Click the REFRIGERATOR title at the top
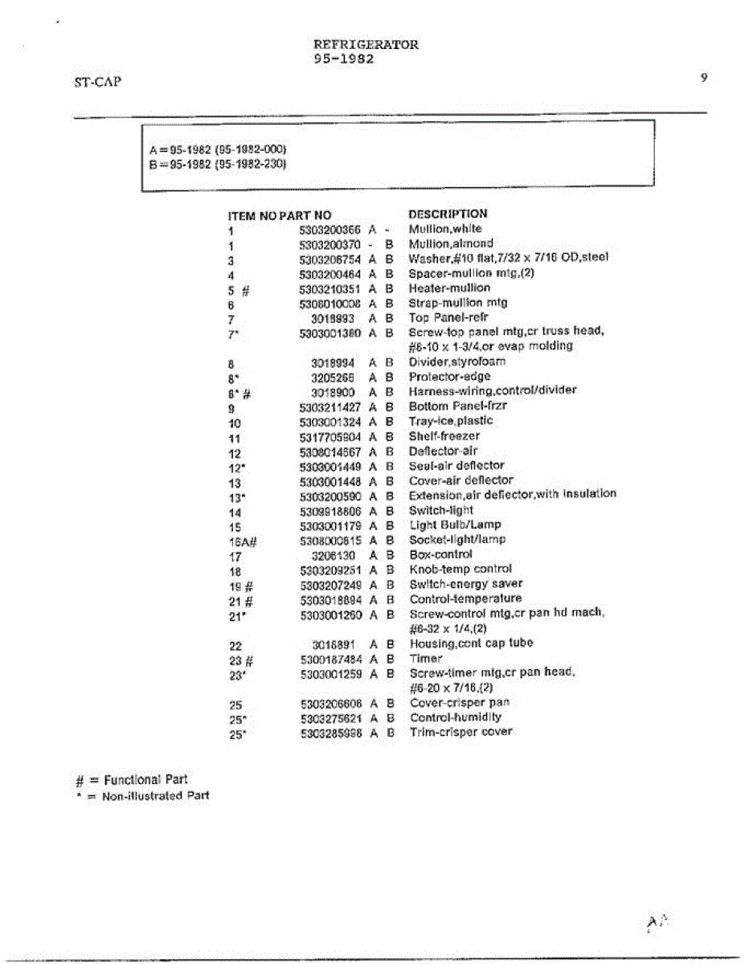(366, 45)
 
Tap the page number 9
(703, 78)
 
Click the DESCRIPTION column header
(448, 214)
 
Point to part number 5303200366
(330, 229)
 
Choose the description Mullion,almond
(451, 243)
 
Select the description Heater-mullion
(449, 288)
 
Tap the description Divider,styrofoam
(457, 361)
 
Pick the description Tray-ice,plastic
(451, 421)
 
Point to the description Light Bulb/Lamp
(455, 525)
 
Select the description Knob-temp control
(460, 569)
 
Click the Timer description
(426, 658)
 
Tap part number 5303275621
(331, 717)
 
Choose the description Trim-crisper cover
(461, 732)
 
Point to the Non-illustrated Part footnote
(141, 796)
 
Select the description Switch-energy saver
(465, 584)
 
